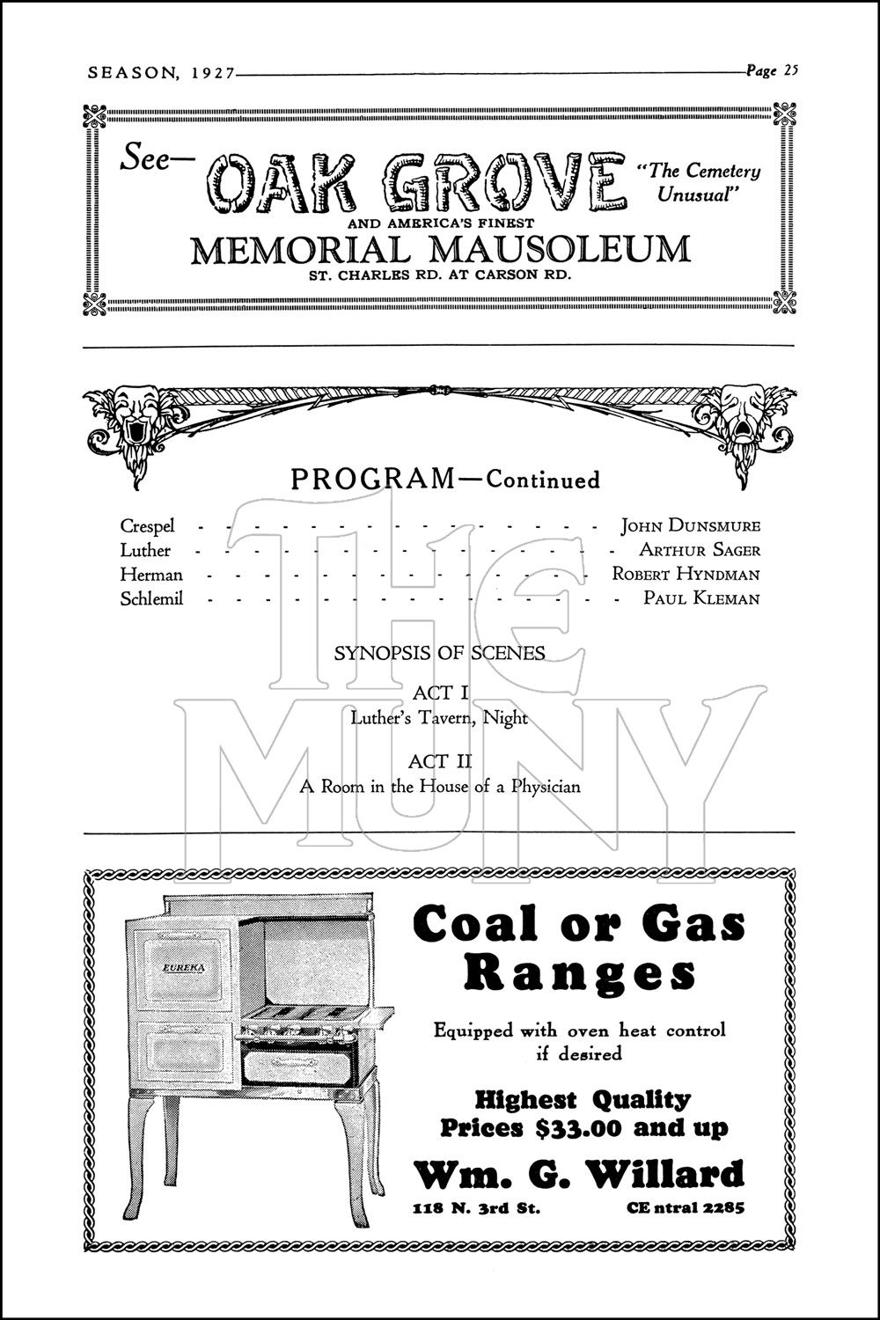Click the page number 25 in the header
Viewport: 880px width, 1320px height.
pos(788,71)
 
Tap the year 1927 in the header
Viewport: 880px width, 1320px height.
pos(210,74)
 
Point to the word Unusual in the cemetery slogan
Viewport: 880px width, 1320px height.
pos(695,195)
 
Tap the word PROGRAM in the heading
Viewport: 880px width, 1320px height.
pos(372,480)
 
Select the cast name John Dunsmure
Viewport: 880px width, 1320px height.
pos(691,526)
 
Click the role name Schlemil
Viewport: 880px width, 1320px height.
pos(151,599)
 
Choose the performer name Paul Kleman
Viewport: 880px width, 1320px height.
pos(701,599)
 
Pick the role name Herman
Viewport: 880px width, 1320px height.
pos(151,575)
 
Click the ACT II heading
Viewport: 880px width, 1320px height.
pos(440,761)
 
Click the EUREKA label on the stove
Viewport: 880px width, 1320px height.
pos(180,967)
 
